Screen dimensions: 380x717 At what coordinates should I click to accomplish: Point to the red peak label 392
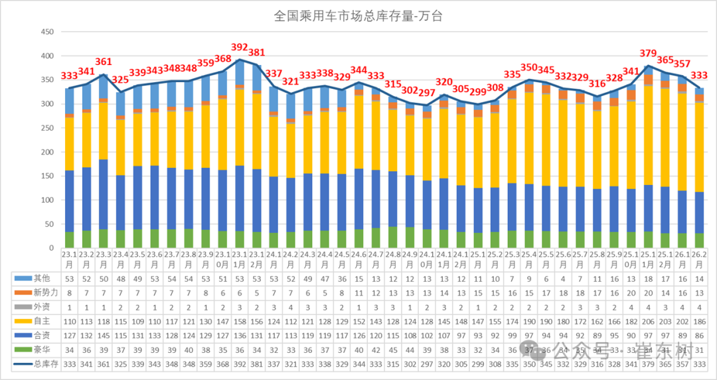240,48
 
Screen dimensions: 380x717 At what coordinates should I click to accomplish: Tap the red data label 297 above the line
426,93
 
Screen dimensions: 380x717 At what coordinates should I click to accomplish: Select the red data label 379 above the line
648,54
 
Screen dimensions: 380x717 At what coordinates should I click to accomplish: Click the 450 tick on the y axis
47,32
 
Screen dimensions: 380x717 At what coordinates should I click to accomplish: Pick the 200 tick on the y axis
47,152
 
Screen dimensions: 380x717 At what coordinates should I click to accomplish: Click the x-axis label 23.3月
104,259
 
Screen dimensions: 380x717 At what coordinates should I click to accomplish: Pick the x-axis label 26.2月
700,259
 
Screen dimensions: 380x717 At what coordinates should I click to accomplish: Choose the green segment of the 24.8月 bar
392,238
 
